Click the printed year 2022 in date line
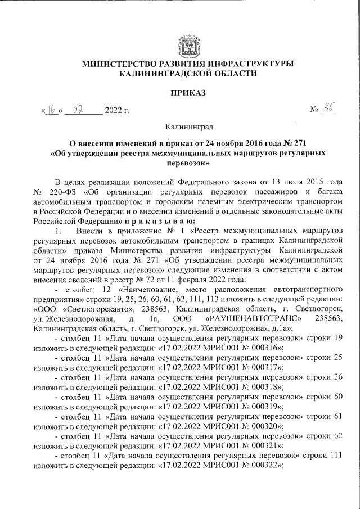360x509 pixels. coord(117,110)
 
